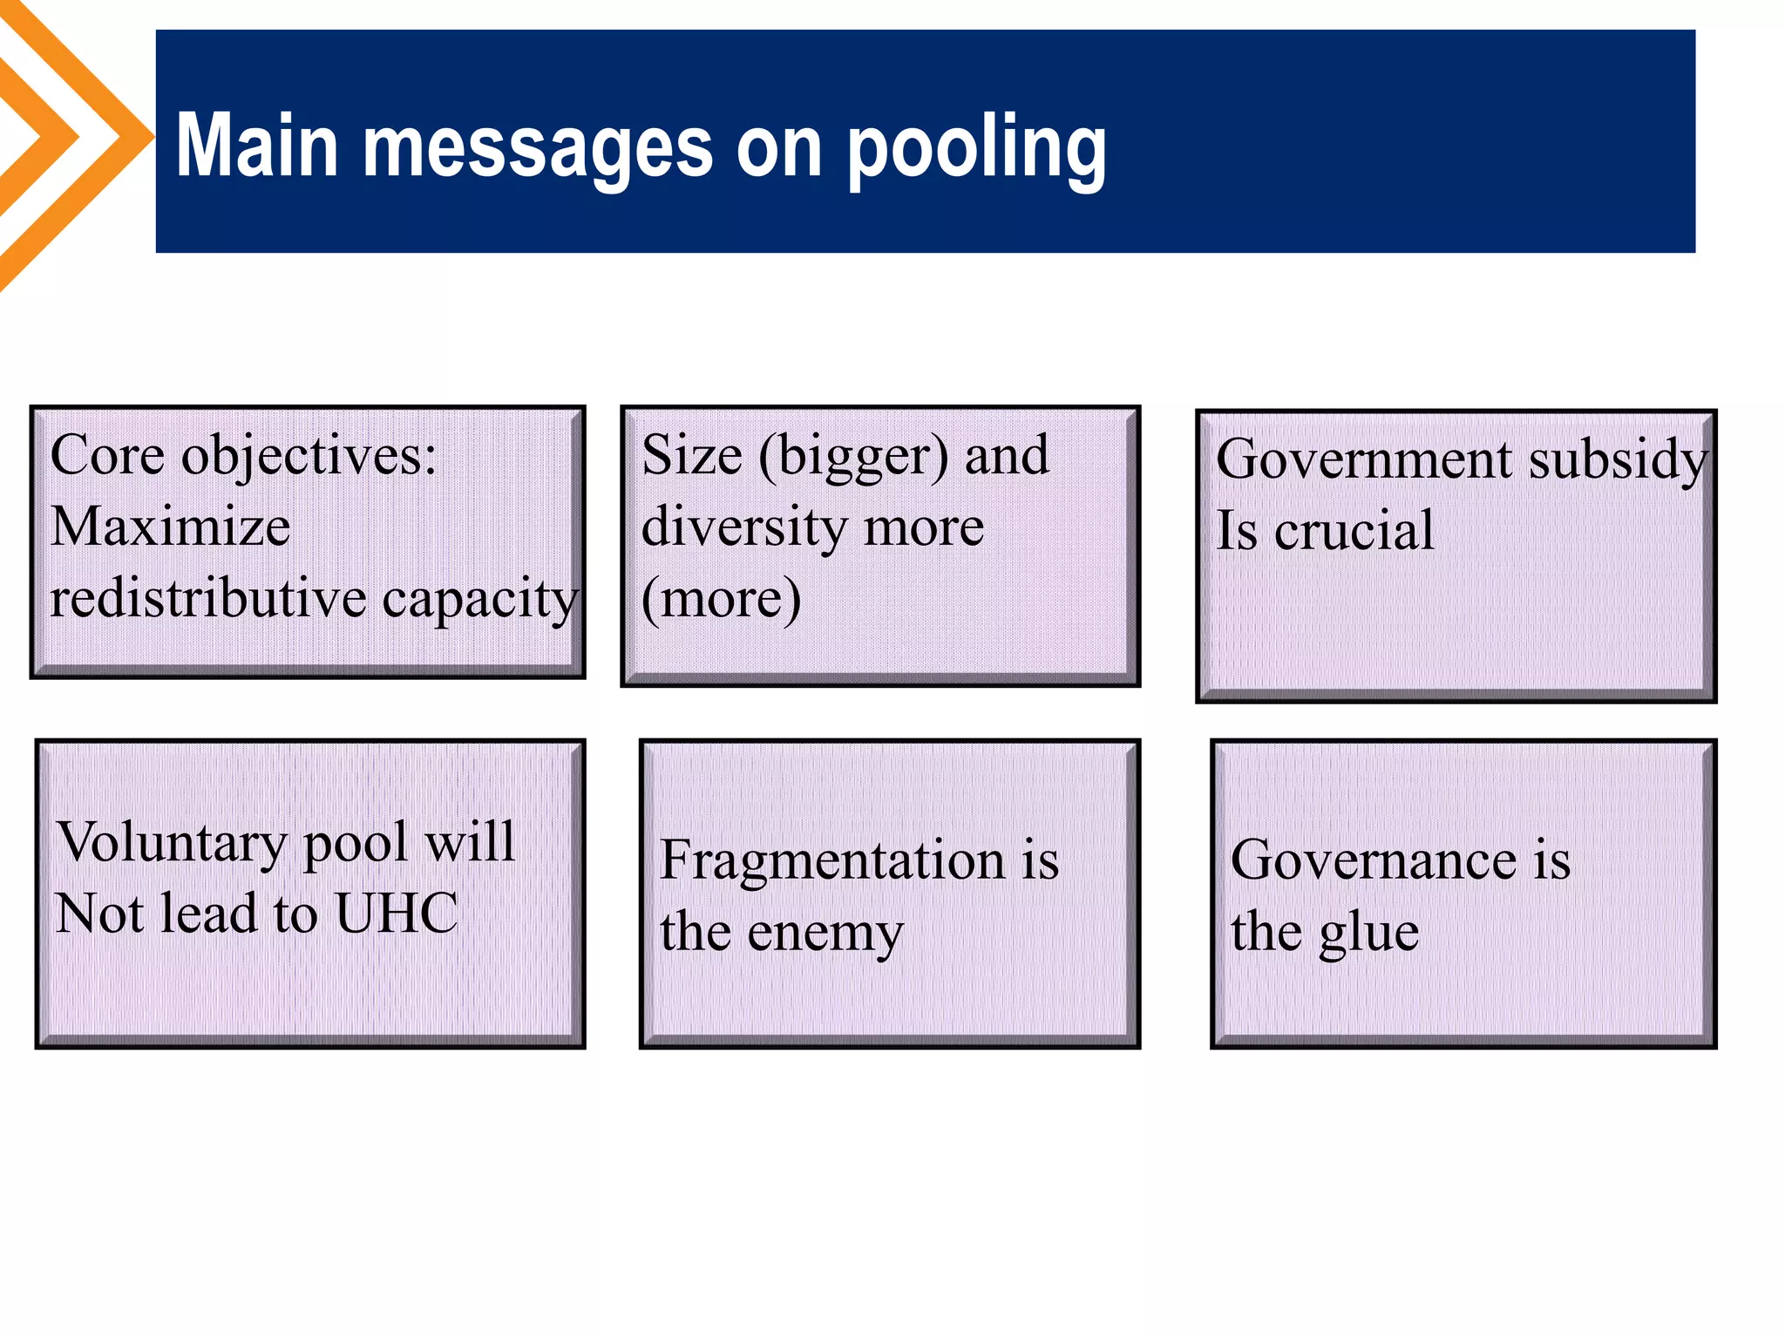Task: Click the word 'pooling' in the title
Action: point(976,148)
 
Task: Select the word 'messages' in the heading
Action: point(537,148)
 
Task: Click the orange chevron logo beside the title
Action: point(70,139)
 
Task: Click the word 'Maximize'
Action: point(171,527)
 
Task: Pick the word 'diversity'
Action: point(742,528)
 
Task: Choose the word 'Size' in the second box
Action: point(692,455)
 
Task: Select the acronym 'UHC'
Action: point(397,914)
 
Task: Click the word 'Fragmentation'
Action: point(832,861)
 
